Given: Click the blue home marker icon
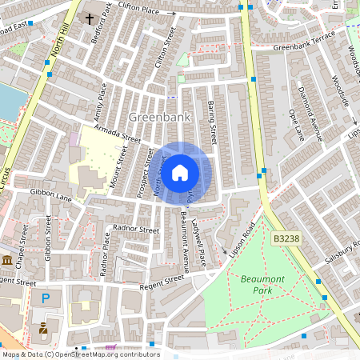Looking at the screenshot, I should (x=180, y=172).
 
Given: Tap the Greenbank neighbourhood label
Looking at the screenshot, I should (x=158, y=117).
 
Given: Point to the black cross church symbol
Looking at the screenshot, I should (x=89, y=18).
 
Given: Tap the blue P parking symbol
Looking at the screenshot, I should (x=46, y=298).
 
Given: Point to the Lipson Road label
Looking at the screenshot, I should (x=242, y=240).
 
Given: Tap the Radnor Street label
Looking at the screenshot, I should (x=137, y=229).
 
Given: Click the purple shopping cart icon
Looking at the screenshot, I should (x=110, y=349).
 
